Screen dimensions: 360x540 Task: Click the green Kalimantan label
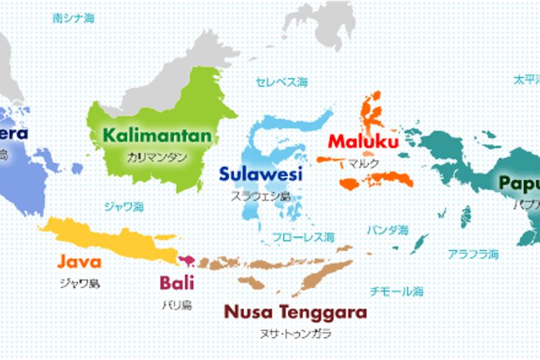pos(157,135)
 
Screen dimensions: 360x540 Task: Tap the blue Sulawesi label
pos(261,174)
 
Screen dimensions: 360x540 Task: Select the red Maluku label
pos(363,141)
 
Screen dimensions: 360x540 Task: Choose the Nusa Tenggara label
pos(295,312)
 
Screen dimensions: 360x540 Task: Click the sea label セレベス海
pos(282,81)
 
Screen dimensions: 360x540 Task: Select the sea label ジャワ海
pos(124,206)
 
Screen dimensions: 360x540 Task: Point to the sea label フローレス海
pos(303,237)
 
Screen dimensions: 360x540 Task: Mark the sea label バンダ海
pos(387,230)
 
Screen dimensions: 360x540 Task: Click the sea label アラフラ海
pos(473,254)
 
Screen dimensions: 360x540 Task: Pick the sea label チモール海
pos(397,292)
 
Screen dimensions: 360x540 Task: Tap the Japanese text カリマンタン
pos(157,156)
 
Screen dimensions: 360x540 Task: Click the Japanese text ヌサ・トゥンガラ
pos(296,334)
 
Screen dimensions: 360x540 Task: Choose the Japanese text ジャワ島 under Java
pos(79,283)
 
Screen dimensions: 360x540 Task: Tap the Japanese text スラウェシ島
pos(261,195)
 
